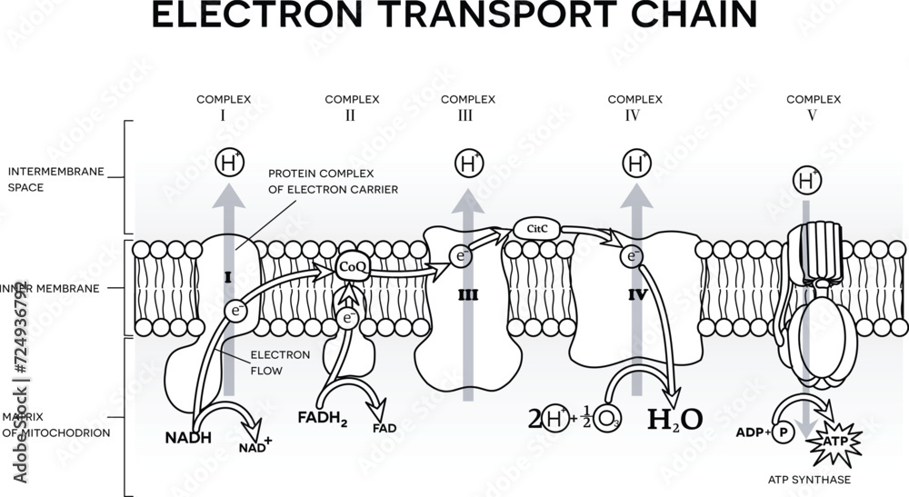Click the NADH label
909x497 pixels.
[188, 437]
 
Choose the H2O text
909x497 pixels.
[674, 419]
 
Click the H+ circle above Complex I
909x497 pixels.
[228, 164]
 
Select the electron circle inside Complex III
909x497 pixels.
[463, 257]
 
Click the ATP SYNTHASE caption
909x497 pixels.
[808, 479]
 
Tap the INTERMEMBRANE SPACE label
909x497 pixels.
[40, 179]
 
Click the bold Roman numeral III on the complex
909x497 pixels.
[469, 295]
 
